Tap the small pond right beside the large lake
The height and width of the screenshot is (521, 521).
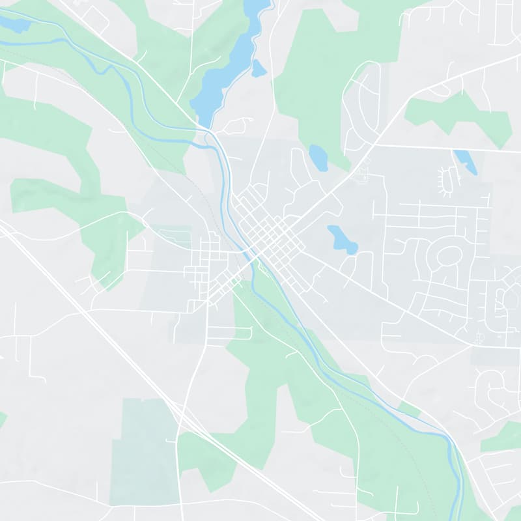[259, 68]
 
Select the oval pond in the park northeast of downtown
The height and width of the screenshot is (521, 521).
[318, 157]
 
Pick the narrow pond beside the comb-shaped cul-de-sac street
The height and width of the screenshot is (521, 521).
[466, 162]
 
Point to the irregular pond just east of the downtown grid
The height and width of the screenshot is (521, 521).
[342, 239]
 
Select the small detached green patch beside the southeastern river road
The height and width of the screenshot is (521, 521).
[409, 409]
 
